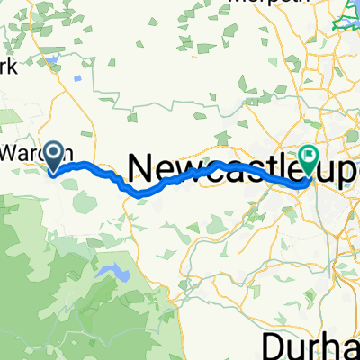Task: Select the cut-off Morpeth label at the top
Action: click(x=261, y=3)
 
